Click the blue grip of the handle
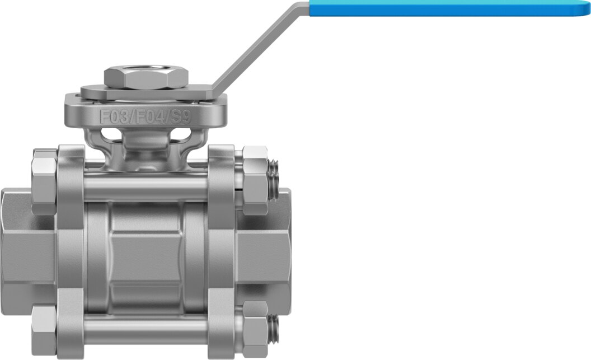point(448,8)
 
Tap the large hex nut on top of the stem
point(146,78)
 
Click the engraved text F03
point(114,116)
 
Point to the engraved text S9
point(181,116)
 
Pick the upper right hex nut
point(255,180)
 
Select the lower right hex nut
point(255,329)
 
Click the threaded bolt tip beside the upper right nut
point(274,179)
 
